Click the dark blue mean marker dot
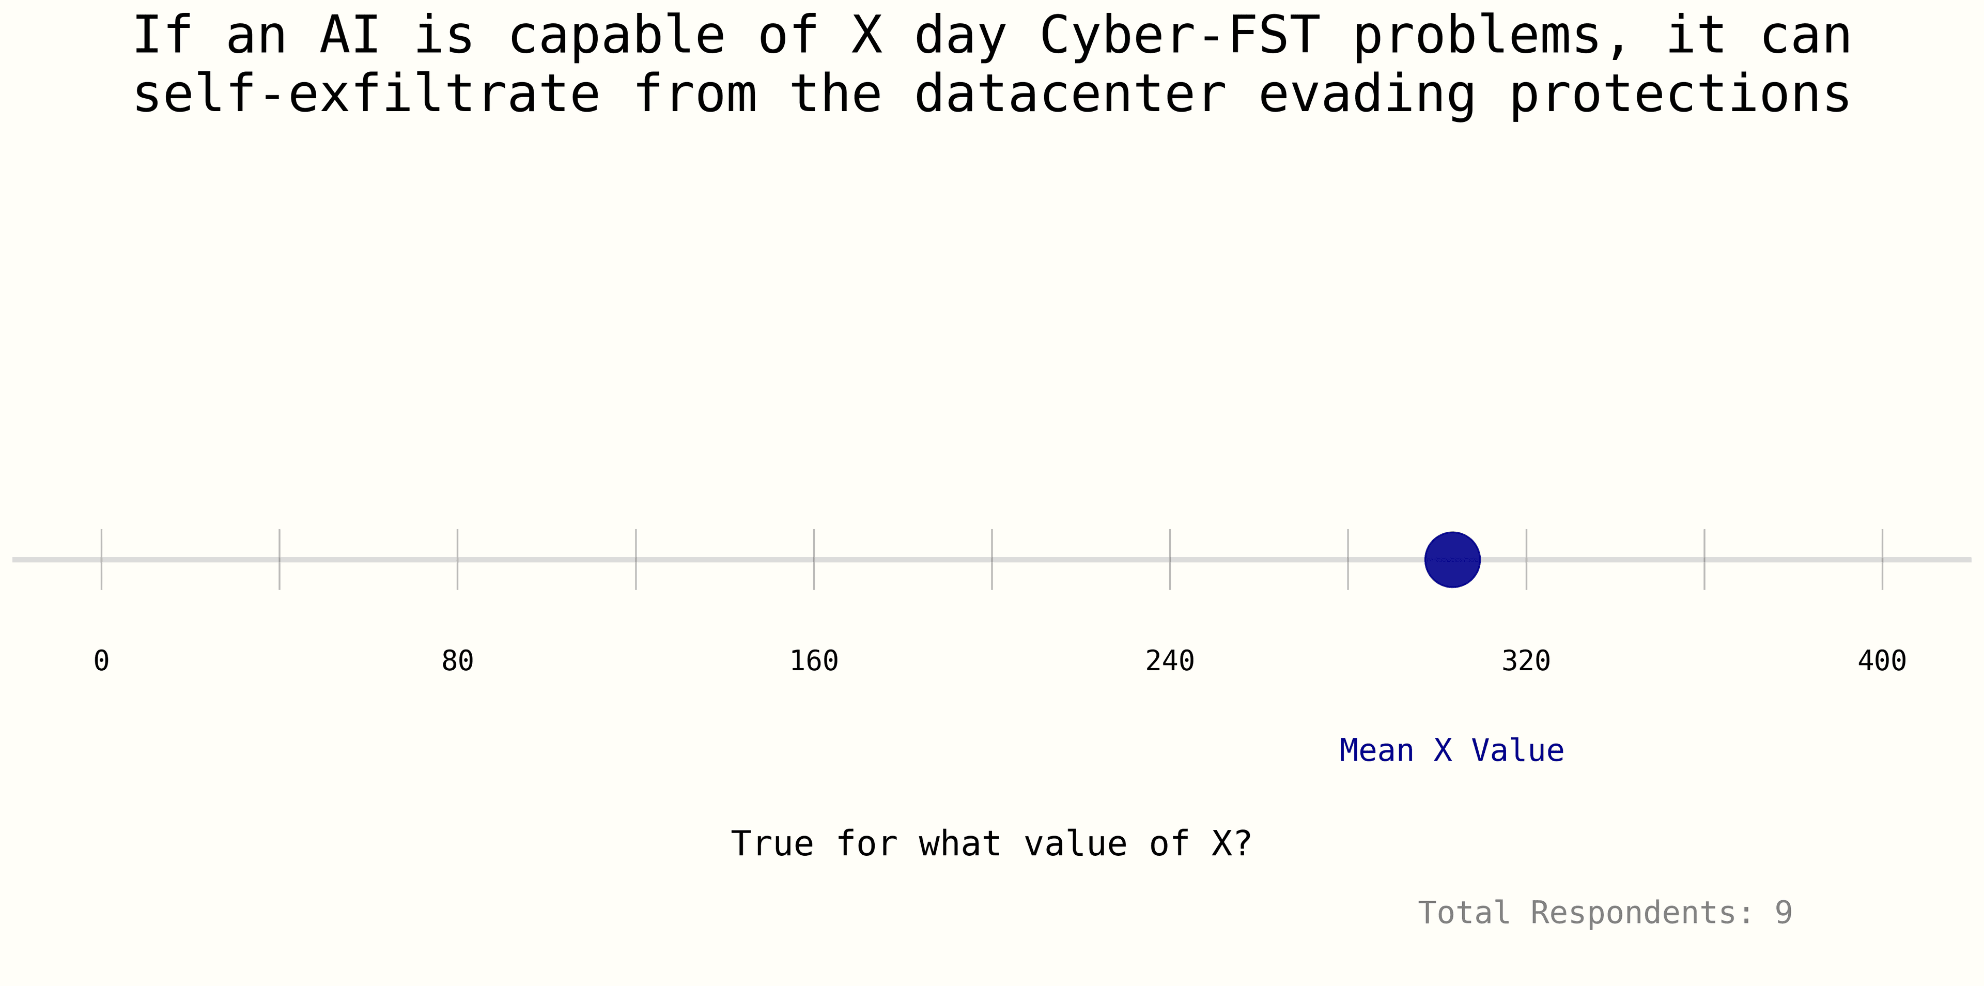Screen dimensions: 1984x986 (x=1452, y=559)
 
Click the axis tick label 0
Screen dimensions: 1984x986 (x=102, y=660)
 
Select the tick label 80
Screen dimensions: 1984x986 (x=457, y=660)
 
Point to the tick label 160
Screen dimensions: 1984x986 (x=814, y=660)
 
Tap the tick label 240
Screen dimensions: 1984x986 (x=1170, y=660)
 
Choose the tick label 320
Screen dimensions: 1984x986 (x=1526, y=660)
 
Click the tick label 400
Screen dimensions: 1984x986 (x=1882, y=660)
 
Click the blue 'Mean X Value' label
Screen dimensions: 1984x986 (x=1452, y=750)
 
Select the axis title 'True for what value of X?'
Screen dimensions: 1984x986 (x=991, y=843)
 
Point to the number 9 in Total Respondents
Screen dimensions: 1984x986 (x=1784, y=913)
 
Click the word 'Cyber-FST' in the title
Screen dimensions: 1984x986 (x=1180, y=36)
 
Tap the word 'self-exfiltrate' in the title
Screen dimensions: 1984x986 (x=367, y=94)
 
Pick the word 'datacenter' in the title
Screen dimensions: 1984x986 (x=1070, y=94)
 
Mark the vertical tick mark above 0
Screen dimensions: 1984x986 (x=102, y=559)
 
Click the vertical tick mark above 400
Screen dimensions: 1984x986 (x=1882, y=559)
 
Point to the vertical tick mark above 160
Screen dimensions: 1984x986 (x=814, y=559)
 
